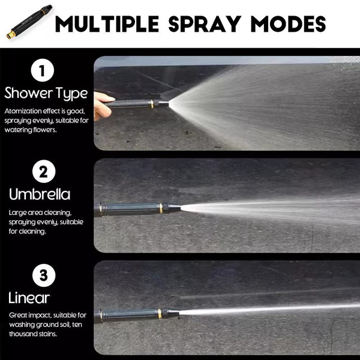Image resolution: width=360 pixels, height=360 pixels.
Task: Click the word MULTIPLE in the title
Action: coord(107,24)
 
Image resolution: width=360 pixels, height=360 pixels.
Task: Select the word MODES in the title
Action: coord(289,24)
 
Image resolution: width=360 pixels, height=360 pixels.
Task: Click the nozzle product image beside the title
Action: coord(29,22)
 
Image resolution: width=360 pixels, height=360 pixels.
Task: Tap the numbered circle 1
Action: coord(43,70)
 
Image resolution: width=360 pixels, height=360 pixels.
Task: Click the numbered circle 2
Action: coord(44,171)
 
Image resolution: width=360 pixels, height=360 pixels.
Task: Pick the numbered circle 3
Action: coord(44,275)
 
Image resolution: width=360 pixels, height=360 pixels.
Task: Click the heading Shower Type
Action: coord(46,94)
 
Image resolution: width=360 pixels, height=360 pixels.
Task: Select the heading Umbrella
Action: coord(40,194)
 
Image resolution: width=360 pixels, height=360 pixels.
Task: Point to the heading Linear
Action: coord(29,298)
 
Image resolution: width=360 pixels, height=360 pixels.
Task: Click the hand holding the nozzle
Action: coord(103,106)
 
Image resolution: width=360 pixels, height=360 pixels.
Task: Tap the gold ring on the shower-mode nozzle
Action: coord(152,104)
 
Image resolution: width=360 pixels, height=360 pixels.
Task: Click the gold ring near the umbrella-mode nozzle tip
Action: coord(161,208)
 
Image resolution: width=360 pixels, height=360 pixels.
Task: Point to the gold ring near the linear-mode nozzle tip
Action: coord(160,314)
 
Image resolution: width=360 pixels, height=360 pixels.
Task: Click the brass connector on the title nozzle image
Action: coord(11,35)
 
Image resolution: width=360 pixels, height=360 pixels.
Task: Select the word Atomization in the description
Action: coord(23,111)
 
